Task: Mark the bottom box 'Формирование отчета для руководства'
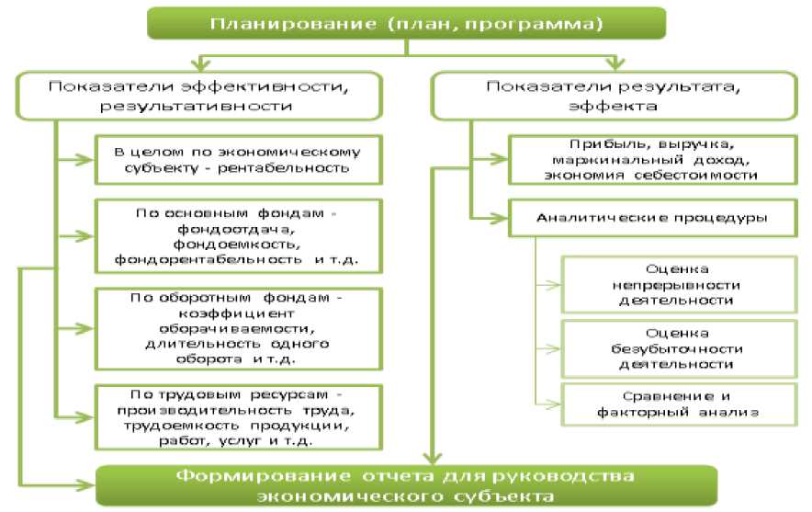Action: (x=406, y=485)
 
